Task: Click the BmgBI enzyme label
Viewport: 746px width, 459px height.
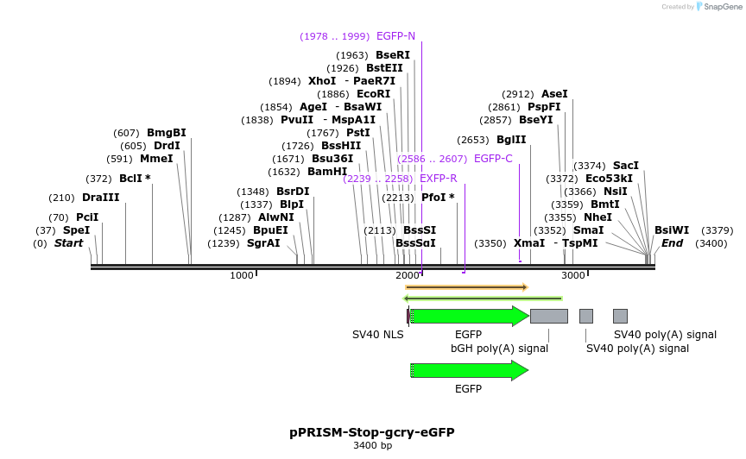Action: click(166, 133)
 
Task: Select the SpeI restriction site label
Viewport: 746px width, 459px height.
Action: click(76, 230)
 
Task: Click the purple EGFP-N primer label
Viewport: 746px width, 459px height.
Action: click(395, 36)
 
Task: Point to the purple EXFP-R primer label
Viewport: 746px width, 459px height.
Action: click(438, 179)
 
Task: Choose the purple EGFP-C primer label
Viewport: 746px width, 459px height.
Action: click(493, 159)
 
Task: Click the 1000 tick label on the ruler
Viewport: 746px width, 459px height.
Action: click(242, 275)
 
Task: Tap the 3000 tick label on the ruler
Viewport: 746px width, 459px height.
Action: click(573, 275)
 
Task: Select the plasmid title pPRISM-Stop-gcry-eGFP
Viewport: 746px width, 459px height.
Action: click(372, 432)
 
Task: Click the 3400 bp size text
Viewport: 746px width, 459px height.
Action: click(372, 446)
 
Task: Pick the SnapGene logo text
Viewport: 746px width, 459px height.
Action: click(720, 7)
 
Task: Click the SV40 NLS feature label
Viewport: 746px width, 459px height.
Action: click(377, 335)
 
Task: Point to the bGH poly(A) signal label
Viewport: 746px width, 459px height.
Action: click(499, 349)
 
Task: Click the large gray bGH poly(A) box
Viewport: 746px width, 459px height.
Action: click(548, 316)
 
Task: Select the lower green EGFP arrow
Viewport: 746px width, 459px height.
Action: click(470, 370)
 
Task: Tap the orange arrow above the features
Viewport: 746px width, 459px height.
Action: click(466, 286)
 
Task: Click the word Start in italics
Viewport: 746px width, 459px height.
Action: click(69, 243)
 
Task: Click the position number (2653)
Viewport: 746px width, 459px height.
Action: click(473, 140)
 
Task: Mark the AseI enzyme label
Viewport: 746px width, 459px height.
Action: click(554, 94)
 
